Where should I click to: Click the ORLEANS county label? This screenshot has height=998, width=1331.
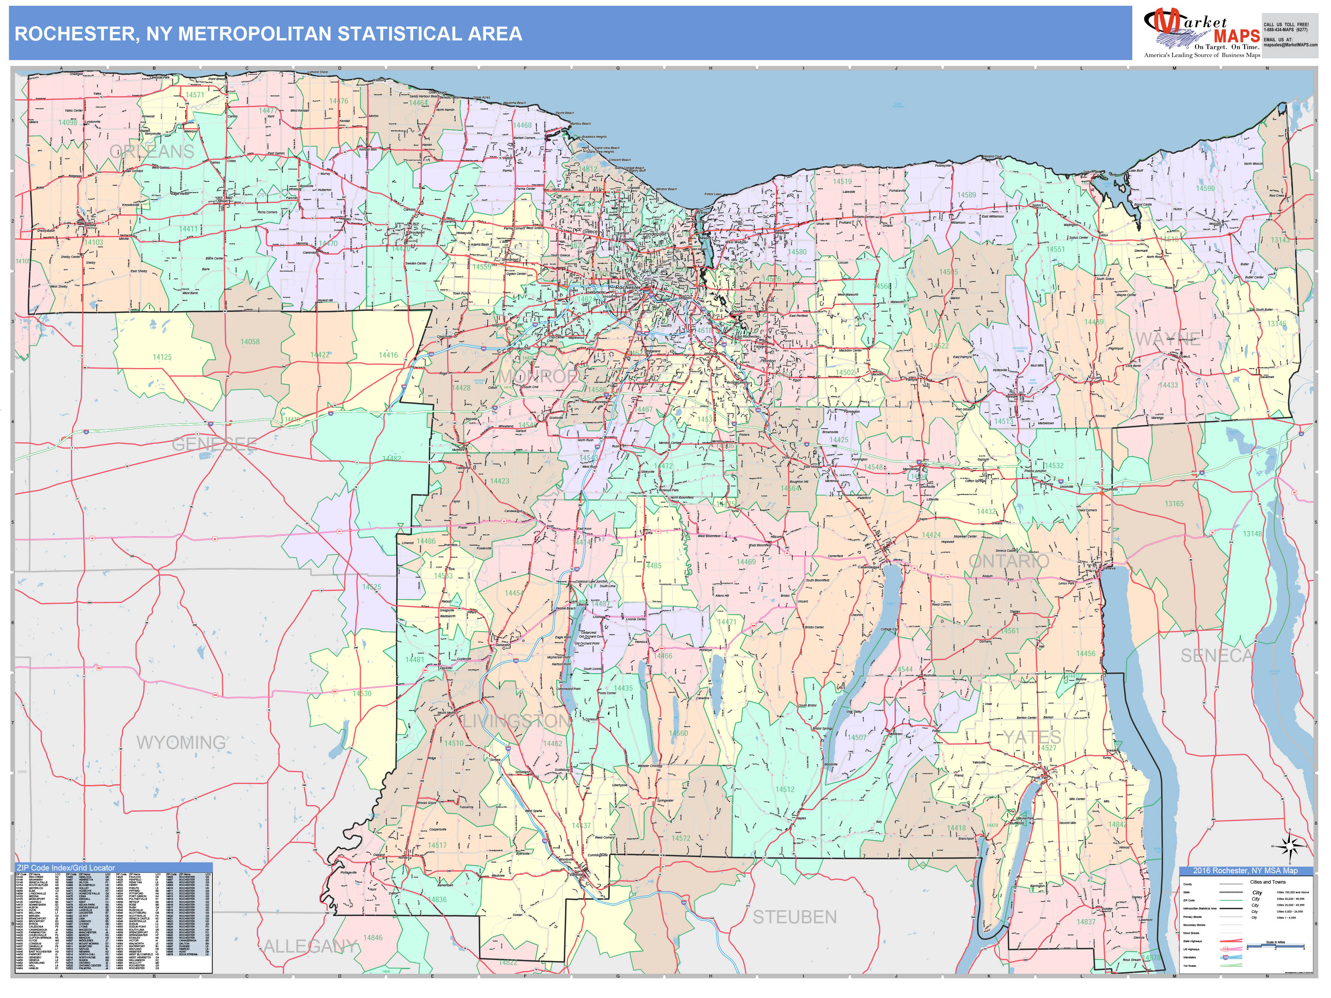coord(152,152)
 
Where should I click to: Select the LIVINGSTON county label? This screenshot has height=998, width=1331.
coord(516,721)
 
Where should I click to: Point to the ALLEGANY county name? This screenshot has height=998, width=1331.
coord(310,946)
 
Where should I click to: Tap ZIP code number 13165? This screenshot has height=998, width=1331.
coord(1173,504)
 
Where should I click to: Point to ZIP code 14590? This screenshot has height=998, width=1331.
coord(1205,188)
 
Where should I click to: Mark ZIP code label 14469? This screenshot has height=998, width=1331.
coord(746,562)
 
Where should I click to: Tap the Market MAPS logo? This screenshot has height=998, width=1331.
coord(1202,33)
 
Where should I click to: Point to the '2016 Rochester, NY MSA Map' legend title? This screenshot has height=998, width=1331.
coord(1245,871)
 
